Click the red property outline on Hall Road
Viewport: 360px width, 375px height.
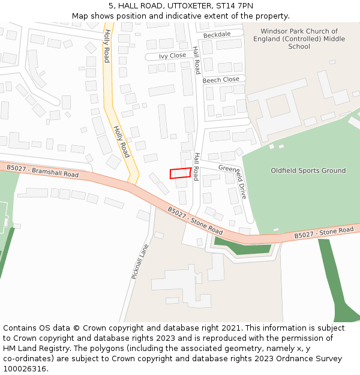tap(181, 173)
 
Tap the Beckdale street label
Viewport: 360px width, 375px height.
tap(217, 35)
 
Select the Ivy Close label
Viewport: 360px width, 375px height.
tap(172, 56)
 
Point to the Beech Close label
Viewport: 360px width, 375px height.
tap(221, 80)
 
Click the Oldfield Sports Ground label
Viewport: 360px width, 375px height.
tap(308, 170)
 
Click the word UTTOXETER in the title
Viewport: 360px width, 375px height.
tap(181, 6)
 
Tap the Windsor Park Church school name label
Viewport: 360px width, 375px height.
tap(299, 38)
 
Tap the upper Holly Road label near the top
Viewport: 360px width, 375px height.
tap(107, 46)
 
